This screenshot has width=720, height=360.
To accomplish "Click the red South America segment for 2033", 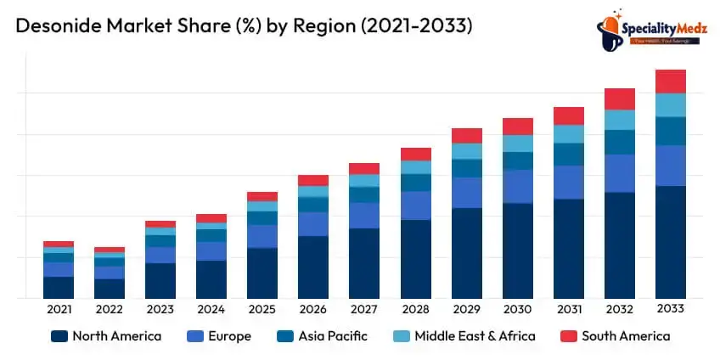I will click(670, 82).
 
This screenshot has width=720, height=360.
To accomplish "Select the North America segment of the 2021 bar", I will click(59, 287).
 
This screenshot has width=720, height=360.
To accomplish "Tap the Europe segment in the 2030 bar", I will click(517, 186).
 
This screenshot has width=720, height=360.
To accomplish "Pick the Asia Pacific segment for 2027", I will click(364, 194).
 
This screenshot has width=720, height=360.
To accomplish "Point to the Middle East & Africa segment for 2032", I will click(619, 120).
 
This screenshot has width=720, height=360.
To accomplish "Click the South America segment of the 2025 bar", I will click(262, 196).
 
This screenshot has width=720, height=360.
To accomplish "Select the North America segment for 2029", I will click(466, 253).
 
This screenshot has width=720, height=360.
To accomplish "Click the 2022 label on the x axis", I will click(110, 309).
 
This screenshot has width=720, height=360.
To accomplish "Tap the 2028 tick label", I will click(415, 309).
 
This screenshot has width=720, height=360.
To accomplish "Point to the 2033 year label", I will click(670, 309).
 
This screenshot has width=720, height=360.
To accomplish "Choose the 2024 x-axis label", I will click(211, 309).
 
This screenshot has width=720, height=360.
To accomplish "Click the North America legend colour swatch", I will click(59, 336).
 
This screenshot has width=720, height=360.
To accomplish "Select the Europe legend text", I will click(230, 336).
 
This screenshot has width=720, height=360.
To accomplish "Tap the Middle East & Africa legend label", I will click(475, 336).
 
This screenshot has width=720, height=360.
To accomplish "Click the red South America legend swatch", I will click(568, 336).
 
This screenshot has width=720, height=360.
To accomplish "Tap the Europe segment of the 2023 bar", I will click(160, 255).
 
